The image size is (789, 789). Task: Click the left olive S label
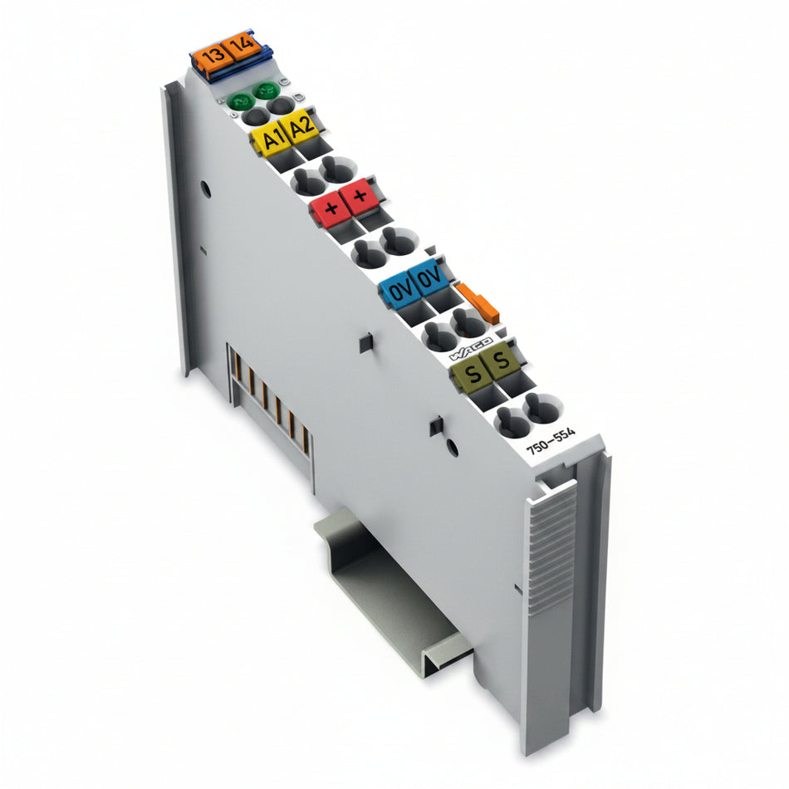click(472, 373)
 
